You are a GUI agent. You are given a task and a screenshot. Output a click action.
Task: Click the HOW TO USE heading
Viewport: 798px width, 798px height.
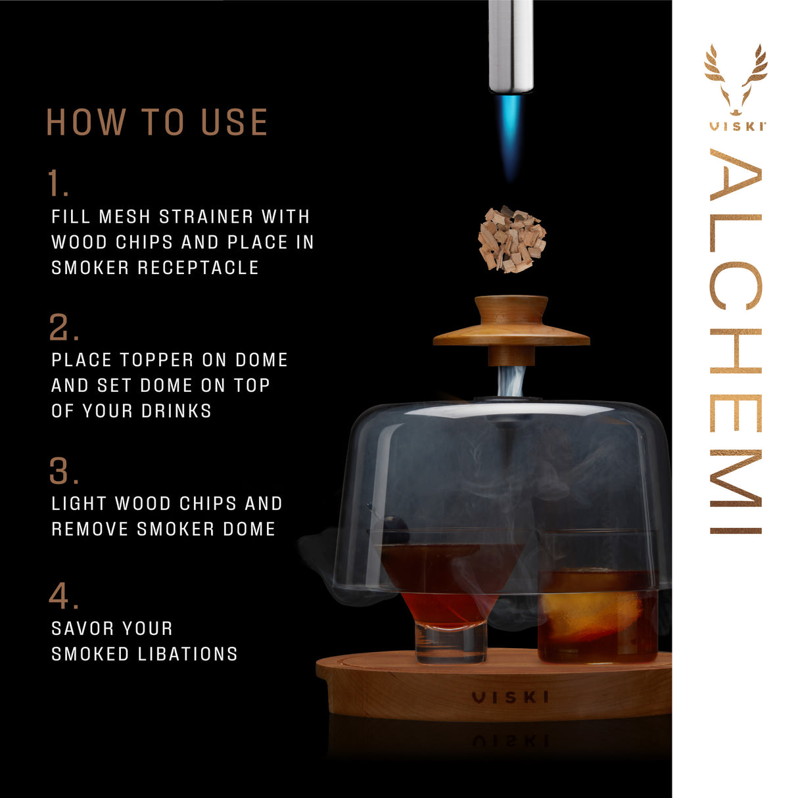(157, 122)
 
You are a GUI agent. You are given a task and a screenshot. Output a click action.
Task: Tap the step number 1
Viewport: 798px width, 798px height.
(58, 184)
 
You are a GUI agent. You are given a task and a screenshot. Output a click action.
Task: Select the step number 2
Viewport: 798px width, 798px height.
(64, 327)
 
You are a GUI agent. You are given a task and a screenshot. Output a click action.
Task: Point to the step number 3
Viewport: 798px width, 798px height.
(64, 471)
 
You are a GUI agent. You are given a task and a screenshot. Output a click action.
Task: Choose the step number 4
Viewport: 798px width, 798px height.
(64, 596)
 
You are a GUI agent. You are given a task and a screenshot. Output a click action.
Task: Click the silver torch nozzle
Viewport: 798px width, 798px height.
(511, 46)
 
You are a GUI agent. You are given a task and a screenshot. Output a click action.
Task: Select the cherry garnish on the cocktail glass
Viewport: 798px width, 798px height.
(395, 529)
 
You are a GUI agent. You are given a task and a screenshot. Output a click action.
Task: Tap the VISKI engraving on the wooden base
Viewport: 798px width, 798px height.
(510, 697)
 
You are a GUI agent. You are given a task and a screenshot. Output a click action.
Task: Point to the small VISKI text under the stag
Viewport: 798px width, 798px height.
(736, 126)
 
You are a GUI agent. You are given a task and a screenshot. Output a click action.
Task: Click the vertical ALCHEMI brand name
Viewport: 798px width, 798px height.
(736, 342)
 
